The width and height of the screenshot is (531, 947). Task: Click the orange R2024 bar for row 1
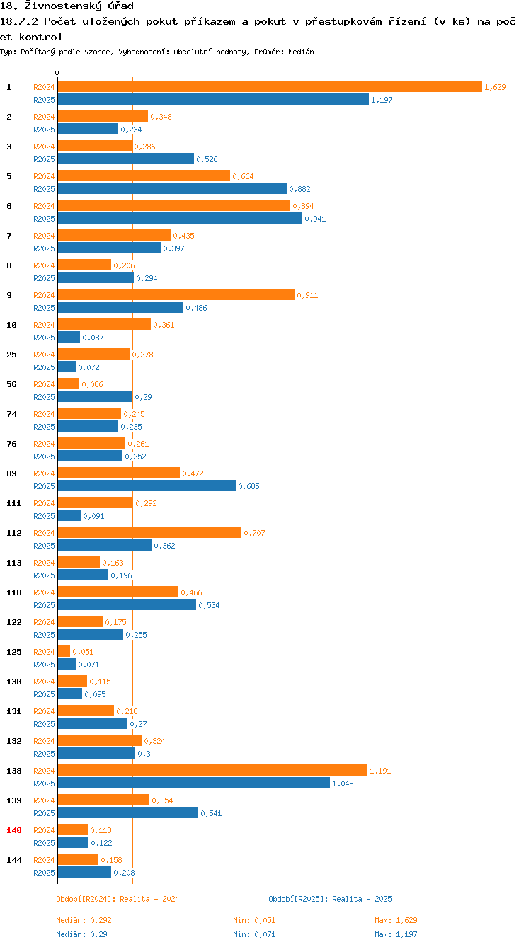tap(269, 86)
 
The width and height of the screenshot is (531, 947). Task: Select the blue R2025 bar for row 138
tap(193, 783)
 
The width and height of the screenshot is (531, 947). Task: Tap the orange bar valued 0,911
tap(176, 294)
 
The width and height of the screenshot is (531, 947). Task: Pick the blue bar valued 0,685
tap(147, 486)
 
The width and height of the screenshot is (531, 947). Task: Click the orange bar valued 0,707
tap(149, 532)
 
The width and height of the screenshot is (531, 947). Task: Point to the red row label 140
tap(14, 830)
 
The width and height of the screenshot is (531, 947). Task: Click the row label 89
tap(12, 473)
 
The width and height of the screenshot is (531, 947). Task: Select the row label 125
tap(14, 652)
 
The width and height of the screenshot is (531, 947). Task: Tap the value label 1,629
tap(495, 87)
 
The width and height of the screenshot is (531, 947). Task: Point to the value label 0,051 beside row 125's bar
tap(83, 652)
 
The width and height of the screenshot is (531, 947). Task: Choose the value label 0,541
tap(211, 813)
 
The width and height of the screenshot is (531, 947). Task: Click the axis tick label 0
tap(57, 73)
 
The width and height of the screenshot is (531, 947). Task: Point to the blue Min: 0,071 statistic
tap(254, 934)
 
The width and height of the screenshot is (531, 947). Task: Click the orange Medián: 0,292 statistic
tap(84, 920)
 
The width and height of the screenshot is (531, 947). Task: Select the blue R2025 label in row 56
tap(44, 397)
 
